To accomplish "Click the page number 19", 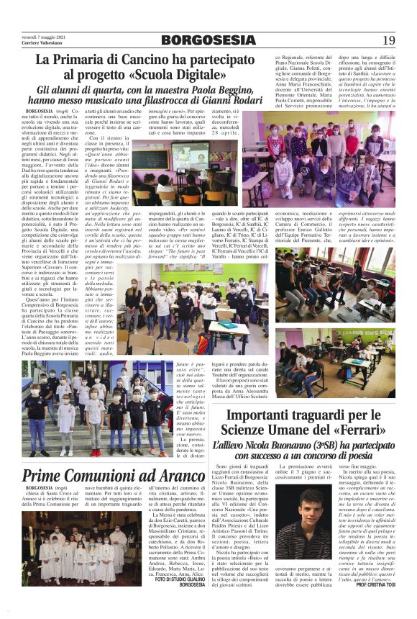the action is coord(388,40).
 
